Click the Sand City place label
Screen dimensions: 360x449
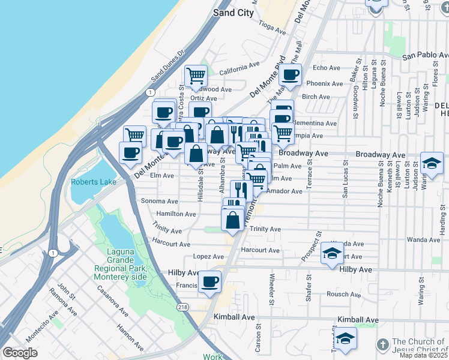click(234, 13)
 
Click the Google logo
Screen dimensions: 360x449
click(19, 353)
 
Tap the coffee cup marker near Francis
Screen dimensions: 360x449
click(209, 281)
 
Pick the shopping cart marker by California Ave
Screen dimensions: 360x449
click(196, 76)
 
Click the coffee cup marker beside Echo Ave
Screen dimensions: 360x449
click(291, 75)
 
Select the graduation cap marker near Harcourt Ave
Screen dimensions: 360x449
click(332, 253)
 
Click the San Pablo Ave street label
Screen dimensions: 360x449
click(425, 56)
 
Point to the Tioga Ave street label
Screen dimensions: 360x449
click(273, 28)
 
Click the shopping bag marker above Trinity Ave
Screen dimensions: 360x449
click(232, 219)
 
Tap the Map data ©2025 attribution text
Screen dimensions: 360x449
click(423, 355)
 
